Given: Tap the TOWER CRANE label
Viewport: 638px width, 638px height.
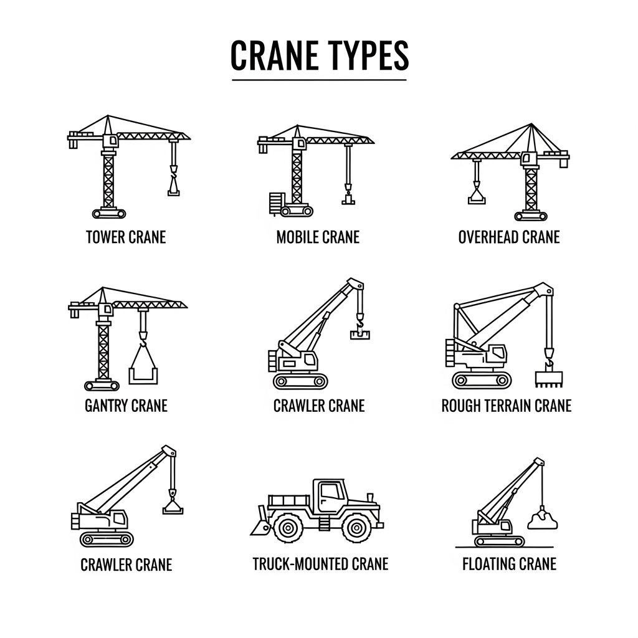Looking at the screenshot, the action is (126, 237).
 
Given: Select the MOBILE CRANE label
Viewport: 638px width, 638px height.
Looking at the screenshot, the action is (318, 237).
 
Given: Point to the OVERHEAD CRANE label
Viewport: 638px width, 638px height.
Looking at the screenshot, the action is (509, 237).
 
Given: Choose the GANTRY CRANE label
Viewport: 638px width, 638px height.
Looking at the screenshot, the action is (126, 406).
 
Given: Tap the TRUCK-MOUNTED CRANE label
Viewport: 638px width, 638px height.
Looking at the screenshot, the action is (321, 564).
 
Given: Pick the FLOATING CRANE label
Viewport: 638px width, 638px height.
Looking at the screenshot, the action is (510, 564).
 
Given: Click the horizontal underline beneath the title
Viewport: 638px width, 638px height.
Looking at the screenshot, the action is (320, 80).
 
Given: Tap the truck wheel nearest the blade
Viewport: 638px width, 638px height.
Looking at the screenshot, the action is (288, 528).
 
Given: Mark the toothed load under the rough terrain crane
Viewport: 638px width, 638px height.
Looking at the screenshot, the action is (548, 379).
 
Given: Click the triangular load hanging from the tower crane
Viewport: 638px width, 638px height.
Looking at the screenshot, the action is (174, 188).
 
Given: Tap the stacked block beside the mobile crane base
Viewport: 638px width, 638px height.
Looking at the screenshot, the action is (275, 203).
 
